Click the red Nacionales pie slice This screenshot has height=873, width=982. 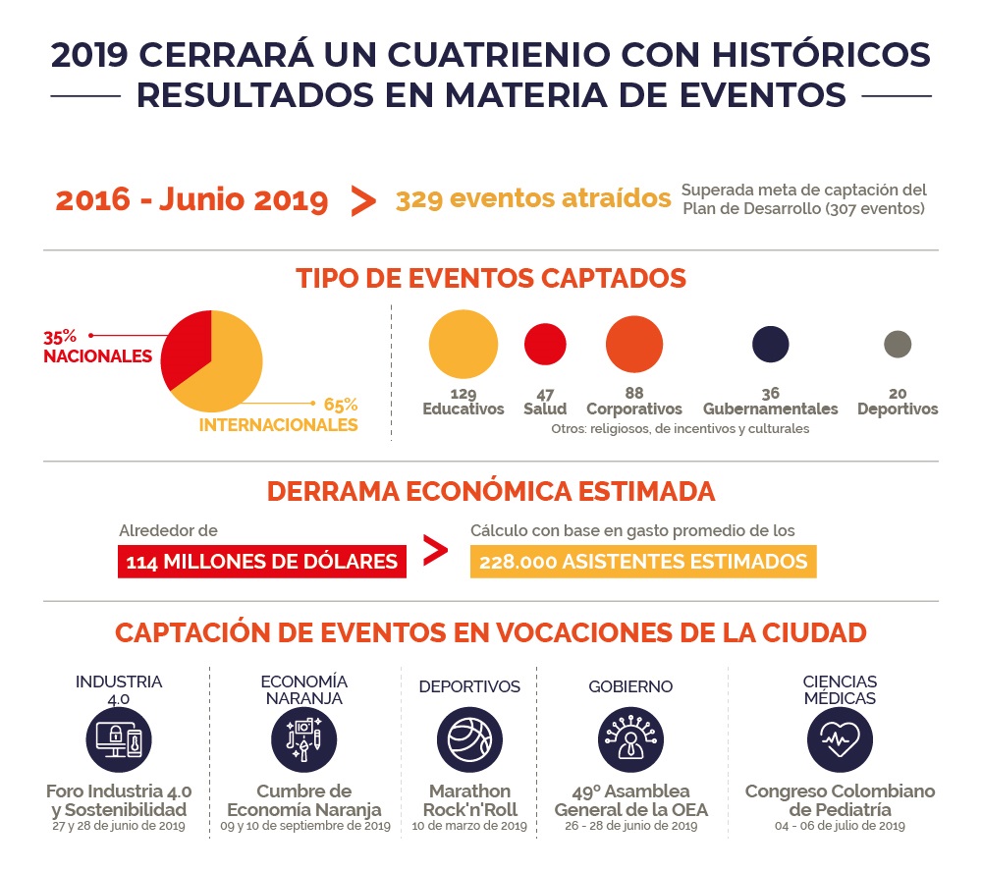(187, 348)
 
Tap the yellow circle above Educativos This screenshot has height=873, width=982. (464, 344)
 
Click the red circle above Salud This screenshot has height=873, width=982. (545, 344)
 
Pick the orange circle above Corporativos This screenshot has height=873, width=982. (634, 344)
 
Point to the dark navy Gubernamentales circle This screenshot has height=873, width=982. (770, 344)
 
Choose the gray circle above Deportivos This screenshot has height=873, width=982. (898, 344)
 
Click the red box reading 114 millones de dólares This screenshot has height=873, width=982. (262, 561)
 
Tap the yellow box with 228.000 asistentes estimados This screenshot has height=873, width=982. (643, 561)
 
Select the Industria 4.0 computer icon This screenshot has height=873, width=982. (119, 739)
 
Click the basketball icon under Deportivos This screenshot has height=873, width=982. (469, 739)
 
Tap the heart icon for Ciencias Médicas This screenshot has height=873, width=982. (840, 739)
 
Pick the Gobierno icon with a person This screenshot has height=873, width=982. (630, 739)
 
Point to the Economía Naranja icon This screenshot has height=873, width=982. (303, 739)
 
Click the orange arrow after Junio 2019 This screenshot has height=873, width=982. (363, 200)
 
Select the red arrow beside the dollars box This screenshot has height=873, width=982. (436, 551)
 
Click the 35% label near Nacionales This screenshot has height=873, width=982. (60, 337)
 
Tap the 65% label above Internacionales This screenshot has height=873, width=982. (341, 405)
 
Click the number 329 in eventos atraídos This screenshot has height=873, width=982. (419, 199)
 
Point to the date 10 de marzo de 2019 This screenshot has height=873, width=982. (469, 826)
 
